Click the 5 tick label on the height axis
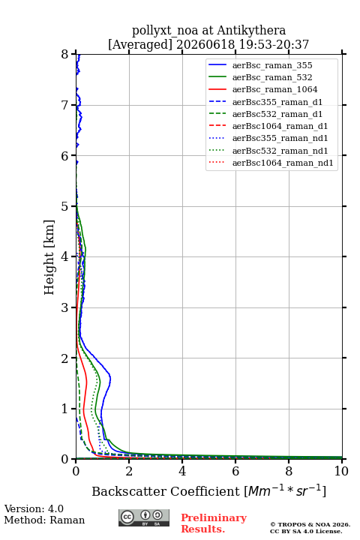[x=65, y=206]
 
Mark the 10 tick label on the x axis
[x=341, y=471]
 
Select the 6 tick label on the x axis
[x=235, y=471]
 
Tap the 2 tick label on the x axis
[x=129, y=471]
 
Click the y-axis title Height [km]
[x=49, y=257]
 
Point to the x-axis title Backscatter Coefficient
[x=166, y=491]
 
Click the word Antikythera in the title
[x=251, y=31]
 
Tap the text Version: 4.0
[x=34, y=508]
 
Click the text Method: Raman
[x=44, y=520]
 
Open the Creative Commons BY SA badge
[x=144, y=517]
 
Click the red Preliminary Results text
[x=214, y=523]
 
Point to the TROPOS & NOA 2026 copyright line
[x=310, y=524]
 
